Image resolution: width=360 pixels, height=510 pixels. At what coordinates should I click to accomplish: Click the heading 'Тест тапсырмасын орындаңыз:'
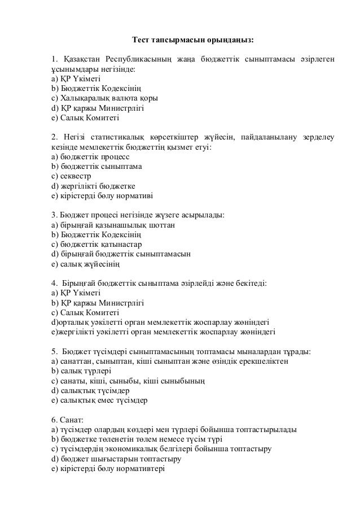tap(192, 41)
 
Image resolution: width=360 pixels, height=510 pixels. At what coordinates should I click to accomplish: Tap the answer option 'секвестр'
tap(70, 176)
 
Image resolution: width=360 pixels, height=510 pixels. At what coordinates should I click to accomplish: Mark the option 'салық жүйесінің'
tap(85, 264)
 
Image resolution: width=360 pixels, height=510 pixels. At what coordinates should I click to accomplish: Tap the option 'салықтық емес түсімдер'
tap(99, 400)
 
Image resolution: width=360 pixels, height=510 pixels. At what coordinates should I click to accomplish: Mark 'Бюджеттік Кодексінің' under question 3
tap(96, 235)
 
